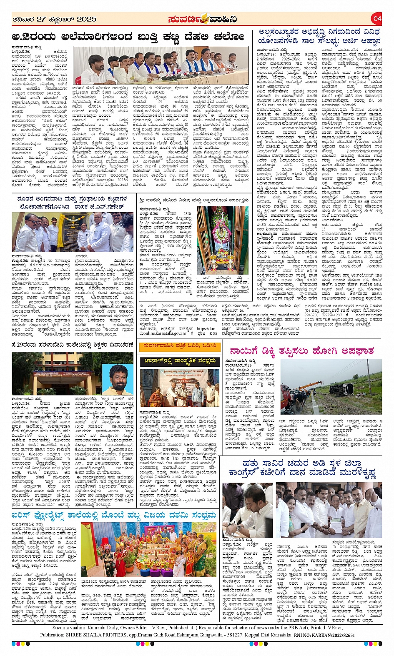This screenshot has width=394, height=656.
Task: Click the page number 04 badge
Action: pos(377,18)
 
